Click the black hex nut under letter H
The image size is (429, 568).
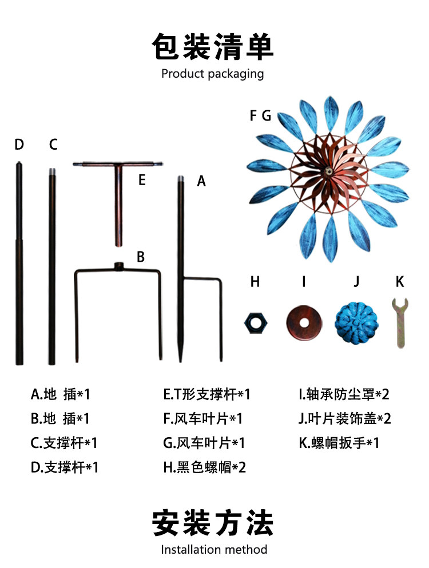[x=255, y=322]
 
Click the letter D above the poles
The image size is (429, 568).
[x=19, y=145]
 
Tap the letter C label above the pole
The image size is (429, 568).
[x=53, y=145]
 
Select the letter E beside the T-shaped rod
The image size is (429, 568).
[x=142, y=181]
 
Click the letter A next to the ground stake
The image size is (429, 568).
[x=201, y=181]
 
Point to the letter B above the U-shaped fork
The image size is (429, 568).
[x=140, y=257]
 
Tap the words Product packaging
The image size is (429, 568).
[x=213, y=74]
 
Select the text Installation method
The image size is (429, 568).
[x=214, y=550]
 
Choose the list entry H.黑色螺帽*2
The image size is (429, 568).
[x=204, y=467]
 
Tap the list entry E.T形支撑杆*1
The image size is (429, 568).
[x=206, y=394]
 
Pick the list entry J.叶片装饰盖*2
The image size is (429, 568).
[x=344, y=419]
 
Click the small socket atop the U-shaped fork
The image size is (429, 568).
[x=119, y=266]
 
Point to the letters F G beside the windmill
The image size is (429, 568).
[x=260, y=116]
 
